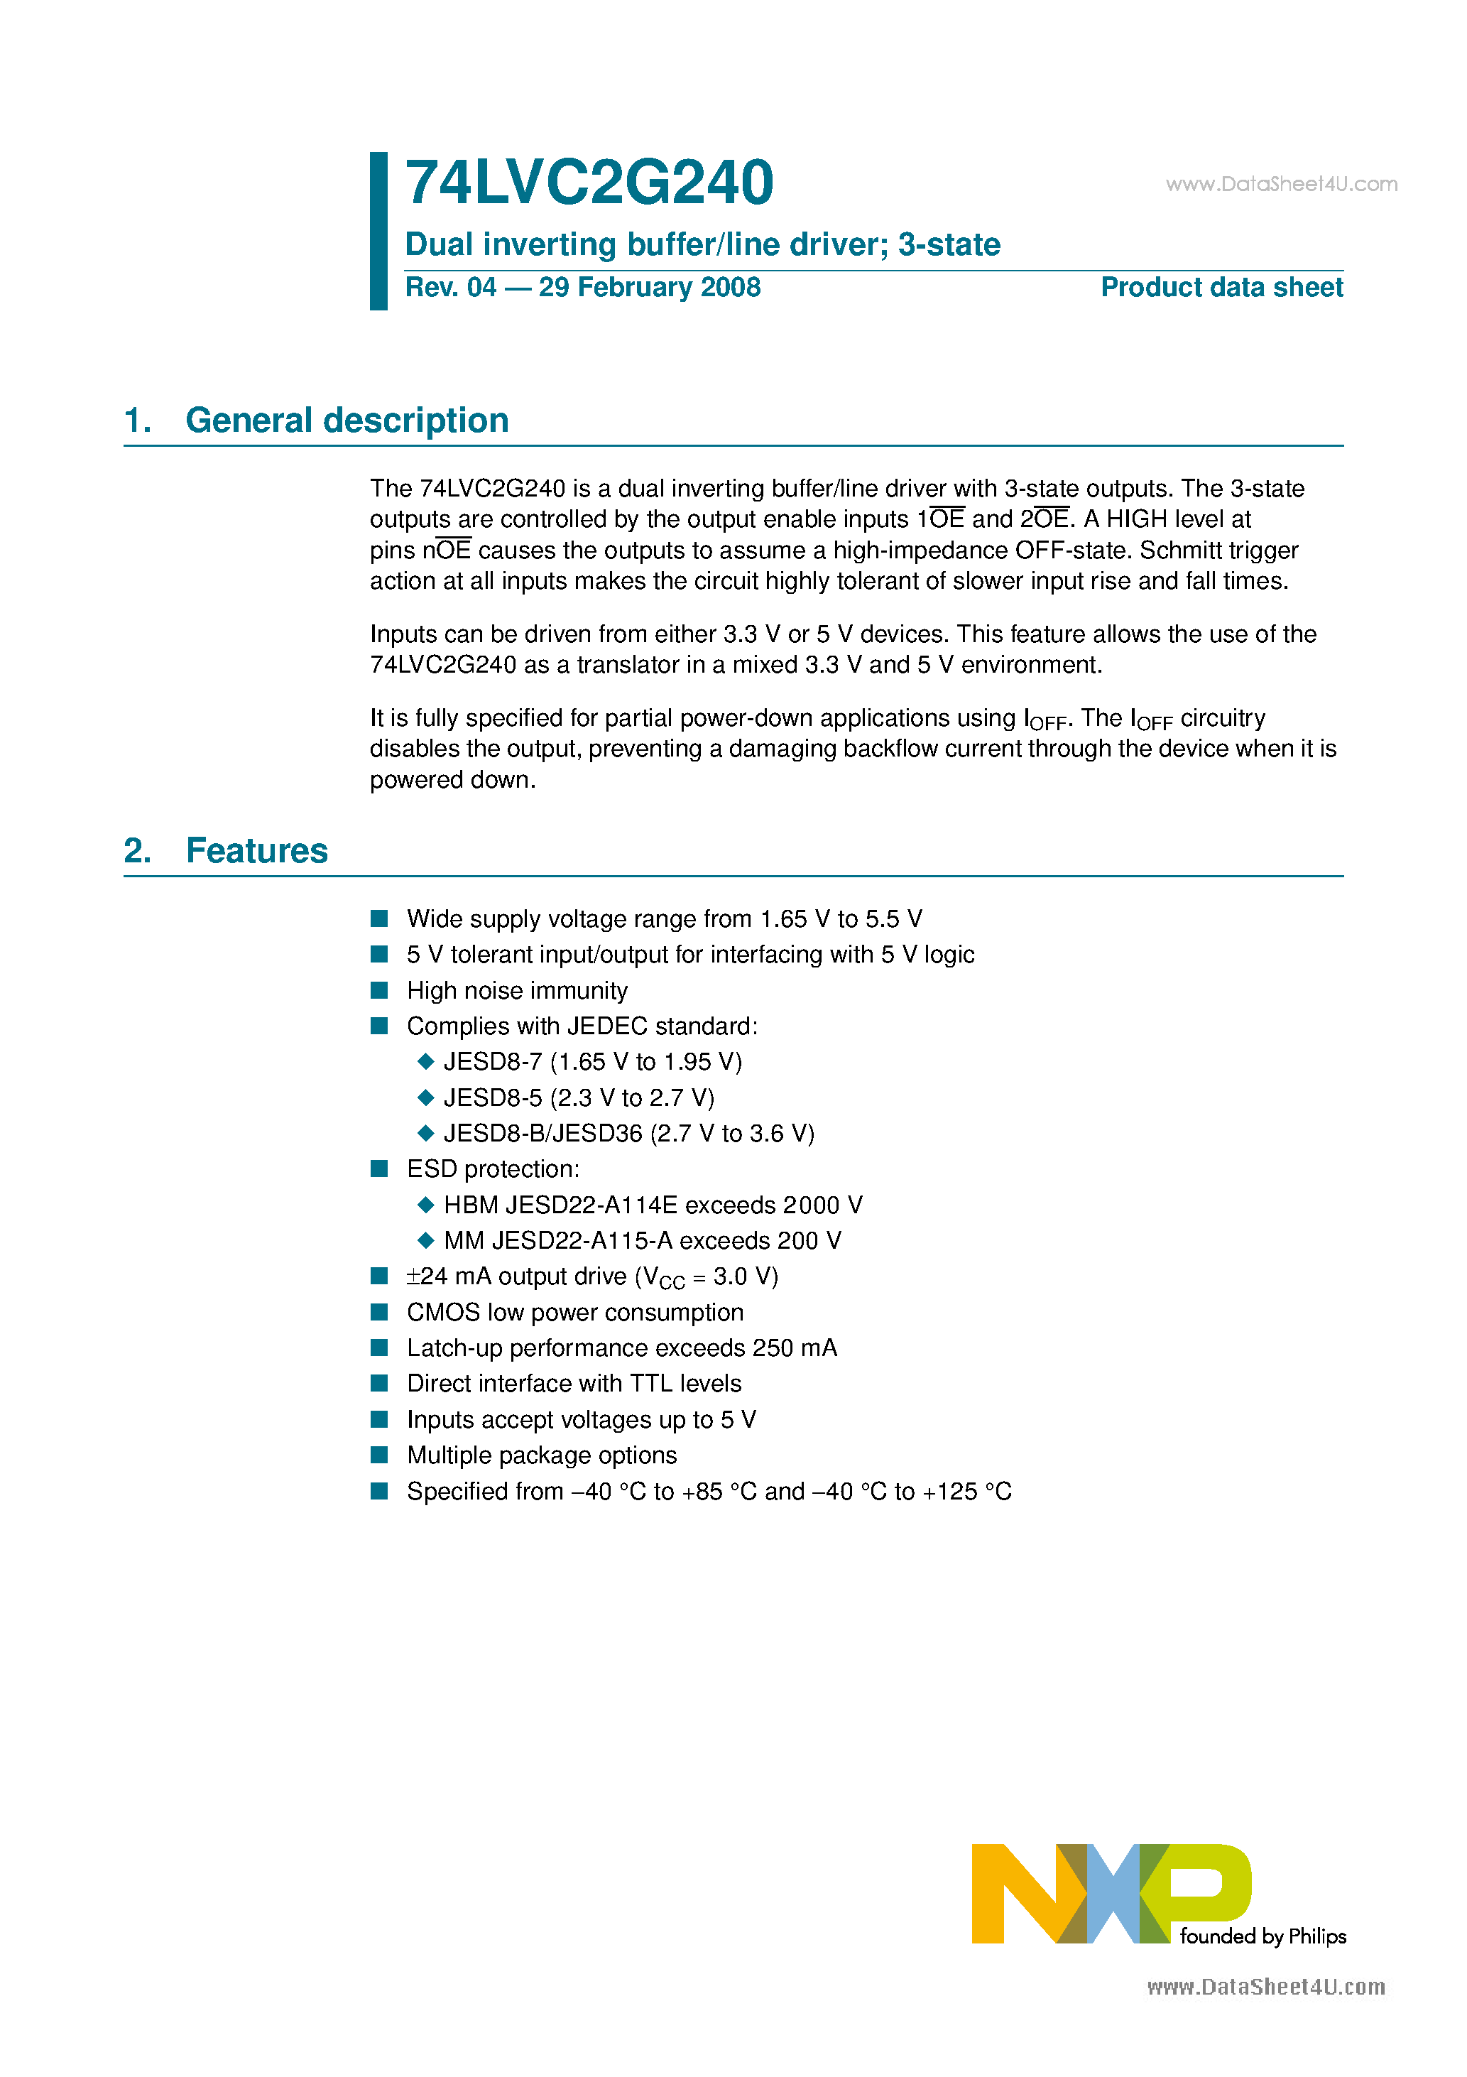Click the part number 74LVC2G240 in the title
point(589,183)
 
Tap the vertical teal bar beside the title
point(378,231)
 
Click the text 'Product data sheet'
point(1221,288)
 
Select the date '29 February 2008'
point(650,288)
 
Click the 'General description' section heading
point(347,421)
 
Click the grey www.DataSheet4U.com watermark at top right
point(1281,185)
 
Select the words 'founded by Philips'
point(1263,1936)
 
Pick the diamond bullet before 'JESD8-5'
point(426,1097)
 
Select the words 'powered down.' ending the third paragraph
point(452,780)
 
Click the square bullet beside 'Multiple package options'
point(379,1455)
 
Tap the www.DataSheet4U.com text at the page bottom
point(1265,1987)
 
